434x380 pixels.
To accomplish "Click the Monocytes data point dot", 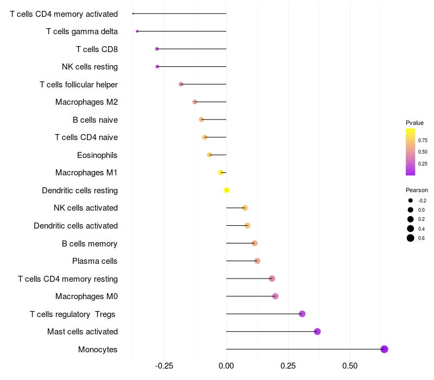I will pos(384,349).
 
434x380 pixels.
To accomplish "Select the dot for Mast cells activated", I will pos(317,332).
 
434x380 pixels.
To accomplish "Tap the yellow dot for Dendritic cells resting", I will pos(227,190).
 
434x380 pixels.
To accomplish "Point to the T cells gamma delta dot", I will pos(137,31).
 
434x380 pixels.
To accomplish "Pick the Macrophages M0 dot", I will pos(275,296).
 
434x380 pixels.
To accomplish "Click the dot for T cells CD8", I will pos(157,49).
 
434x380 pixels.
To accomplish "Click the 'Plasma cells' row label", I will pos(95,261).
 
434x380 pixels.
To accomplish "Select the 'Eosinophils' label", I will pos(98,155).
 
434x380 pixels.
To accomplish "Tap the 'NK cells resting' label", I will pos(90,67).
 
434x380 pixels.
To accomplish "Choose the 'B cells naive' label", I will pos(95,120).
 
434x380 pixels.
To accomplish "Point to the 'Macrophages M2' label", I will pos(87,102).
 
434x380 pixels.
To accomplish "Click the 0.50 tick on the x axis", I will pos(350,365).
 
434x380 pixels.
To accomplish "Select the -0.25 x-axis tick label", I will pos(164,365).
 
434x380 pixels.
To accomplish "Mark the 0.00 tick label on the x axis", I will pos(226,365).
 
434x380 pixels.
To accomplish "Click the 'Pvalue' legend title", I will pos(414,123).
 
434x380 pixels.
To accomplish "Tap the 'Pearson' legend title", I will pos(417,190).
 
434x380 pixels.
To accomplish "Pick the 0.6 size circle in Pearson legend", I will pos(411,238).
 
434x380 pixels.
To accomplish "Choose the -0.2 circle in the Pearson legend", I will pos(411,200).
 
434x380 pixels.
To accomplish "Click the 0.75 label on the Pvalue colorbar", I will pos(423,140).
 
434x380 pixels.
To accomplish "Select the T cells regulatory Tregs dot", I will pos(302,314).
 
